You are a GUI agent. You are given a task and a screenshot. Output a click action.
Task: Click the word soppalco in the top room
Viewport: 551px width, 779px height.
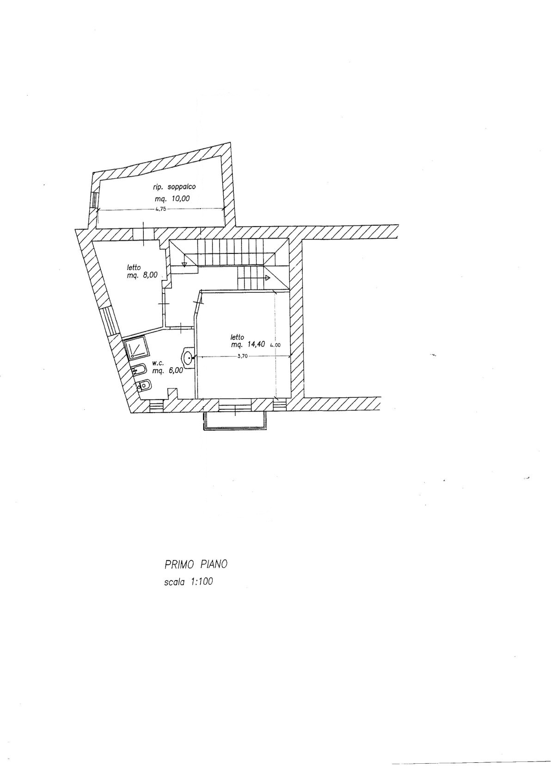(x=182, y=187)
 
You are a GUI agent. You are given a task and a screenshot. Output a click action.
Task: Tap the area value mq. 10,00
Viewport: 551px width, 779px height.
(x=172, y=199)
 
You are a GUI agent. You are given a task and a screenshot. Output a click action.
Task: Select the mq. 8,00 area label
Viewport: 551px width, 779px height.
(x=142, y=275)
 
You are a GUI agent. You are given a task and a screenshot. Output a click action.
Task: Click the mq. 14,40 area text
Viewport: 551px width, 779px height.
(x=248, y=344)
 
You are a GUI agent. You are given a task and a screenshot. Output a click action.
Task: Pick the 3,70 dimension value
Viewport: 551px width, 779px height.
(x=243, y=356)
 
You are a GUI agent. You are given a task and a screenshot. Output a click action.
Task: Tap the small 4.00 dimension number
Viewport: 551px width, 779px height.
(x=275, y=346)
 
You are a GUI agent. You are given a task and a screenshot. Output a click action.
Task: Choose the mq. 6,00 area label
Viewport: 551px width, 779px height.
(x=167, y=371)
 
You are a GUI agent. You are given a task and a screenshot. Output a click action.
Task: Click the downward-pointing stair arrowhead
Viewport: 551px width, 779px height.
(x=184, y=264)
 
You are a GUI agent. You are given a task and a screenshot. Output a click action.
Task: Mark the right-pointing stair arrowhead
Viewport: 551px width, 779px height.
(x=268, y=278)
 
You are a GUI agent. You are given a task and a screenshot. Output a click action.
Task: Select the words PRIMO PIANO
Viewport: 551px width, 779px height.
(x=196, y=564)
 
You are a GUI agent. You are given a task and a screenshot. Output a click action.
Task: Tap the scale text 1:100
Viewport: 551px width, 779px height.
(x=202, y=581)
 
